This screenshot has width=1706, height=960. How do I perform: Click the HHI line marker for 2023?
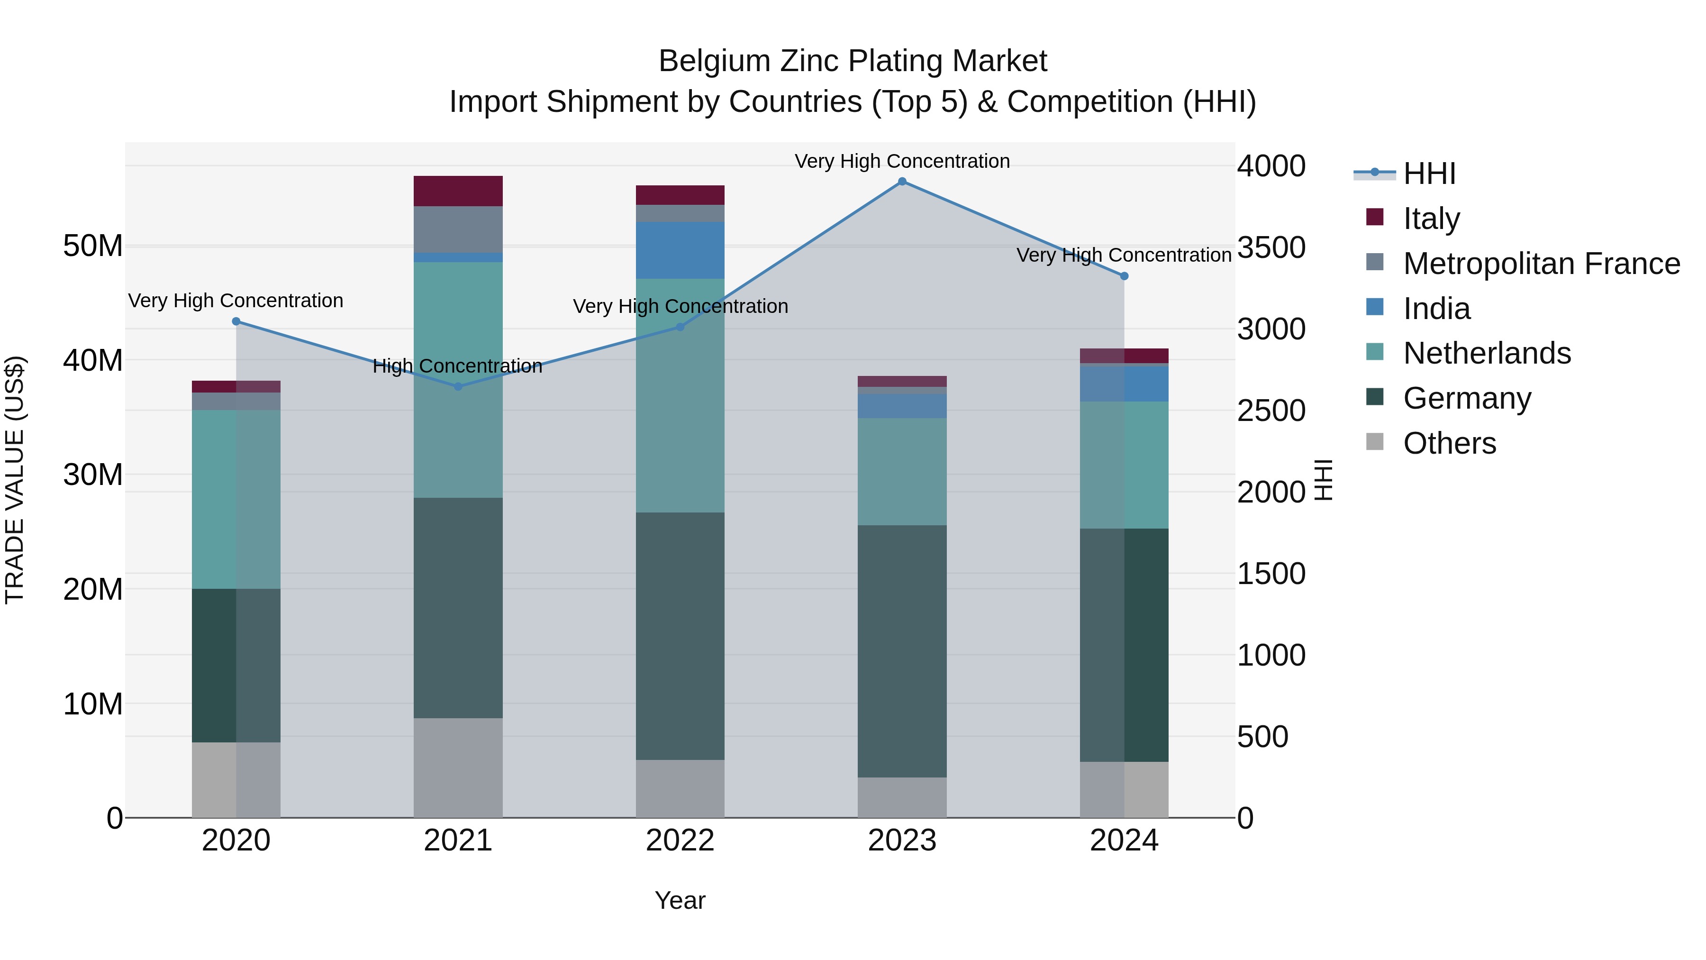click(x=902, y=182)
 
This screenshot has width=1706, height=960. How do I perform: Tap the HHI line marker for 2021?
click(x=458, y=386)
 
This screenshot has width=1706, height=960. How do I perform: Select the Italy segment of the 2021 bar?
click(x=458, y=191)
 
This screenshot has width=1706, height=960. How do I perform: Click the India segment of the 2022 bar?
click(x=680, y=250)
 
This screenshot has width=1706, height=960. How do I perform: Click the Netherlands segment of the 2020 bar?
click(x=236, y=498)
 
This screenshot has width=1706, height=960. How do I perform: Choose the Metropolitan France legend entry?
click(x=1541, y=264)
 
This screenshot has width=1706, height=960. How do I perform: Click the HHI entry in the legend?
click(x=1429, y=174)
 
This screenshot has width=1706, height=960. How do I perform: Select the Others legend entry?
click(x=1449, y=443)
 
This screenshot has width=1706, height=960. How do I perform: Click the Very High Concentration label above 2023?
click(x=902, y=161)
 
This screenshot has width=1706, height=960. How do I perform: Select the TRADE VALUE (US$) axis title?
click(x=15, y=480)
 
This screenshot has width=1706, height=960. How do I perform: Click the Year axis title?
click(x=680, y=900)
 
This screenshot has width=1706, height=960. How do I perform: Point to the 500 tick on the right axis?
click(x=1262, y=737)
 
